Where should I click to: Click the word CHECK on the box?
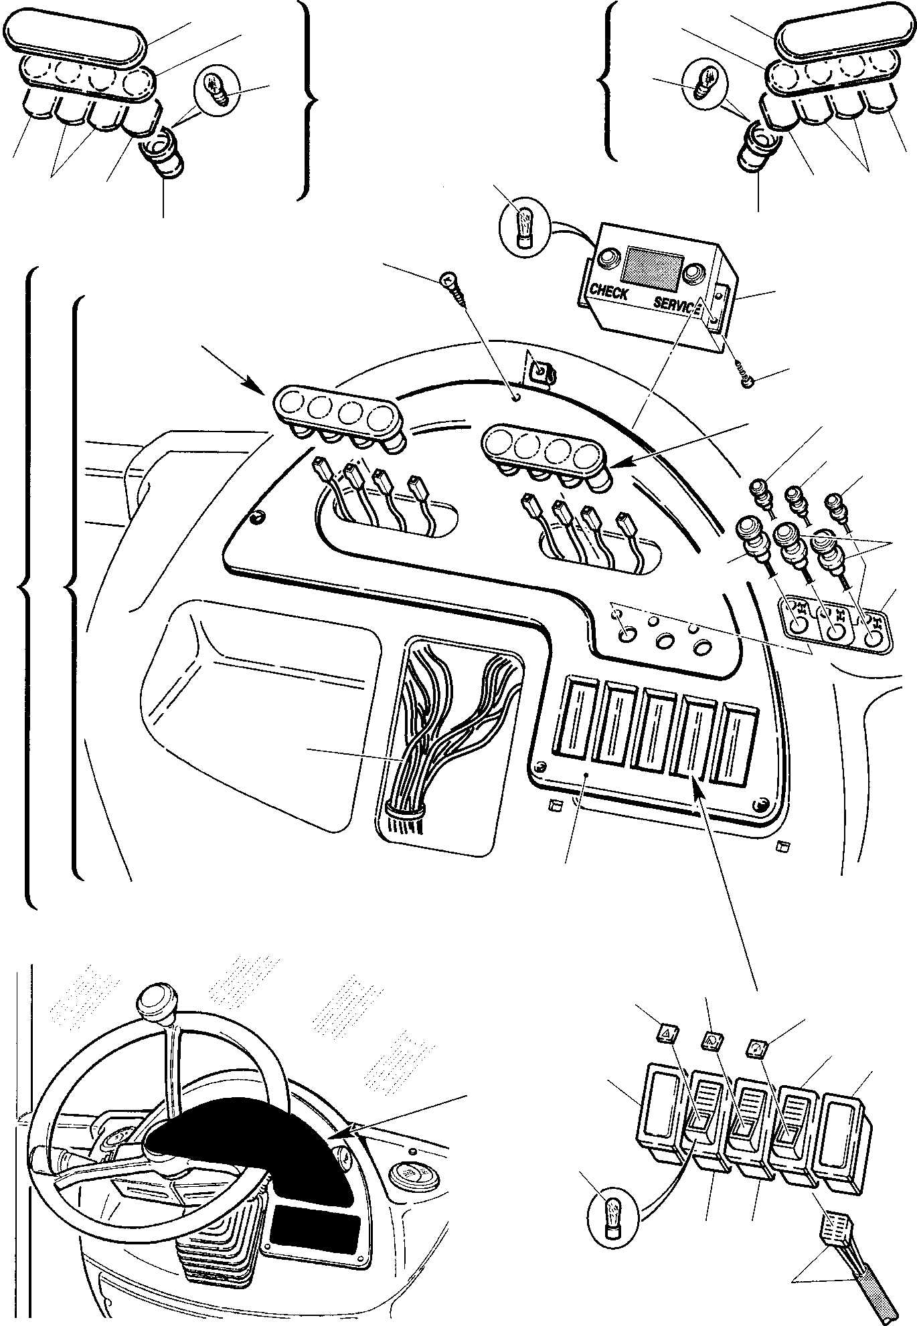pyautogui.click(x=608, y=293)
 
